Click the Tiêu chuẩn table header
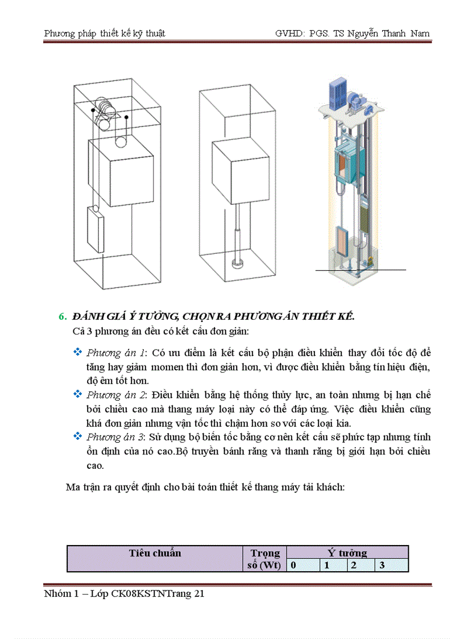tap(155, 553)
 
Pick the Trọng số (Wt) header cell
tap(265, 559)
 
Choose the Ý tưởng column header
tap(347, 553)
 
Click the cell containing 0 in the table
tap(293, 566)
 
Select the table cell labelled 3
tap(382, 566)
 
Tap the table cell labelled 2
tap(353, 566)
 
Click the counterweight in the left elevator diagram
tap(94, 229)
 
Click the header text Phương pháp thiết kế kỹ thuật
tap(105, 34)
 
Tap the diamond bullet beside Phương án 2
tap(78, 394)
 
